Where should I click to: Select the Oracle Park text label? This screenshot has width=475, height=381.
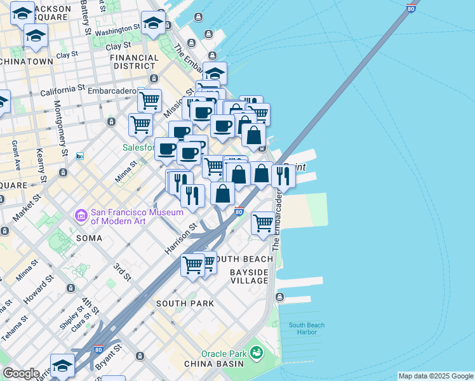coord(223,353)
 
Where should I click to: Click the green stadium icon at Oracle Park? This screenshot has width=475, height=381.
coord(257,352)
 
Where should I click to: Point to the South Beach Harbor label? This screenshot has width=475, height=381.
coord(307,329)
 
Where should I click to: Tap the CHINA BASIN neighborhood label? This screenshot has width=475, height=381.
coord(213,364)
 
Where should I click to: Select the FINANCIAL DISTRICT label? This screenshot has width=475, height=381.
coord(134,62)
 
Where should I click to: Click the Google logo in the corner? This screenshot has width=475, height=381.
coord(20,373)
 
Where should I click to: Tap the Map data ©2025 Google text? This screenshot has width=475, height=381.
coord(435,376)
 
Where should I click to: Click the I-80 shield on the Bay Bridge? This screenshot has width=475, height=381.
coord(411,9)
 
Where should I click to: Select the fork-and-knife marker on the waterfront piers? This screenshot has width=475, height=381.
coord(283,176)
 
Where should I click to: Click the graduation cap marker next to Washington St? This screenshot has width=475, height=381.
coord(152,24)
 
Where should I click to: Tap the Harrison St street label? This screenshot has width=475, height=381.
coord(181,239)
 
